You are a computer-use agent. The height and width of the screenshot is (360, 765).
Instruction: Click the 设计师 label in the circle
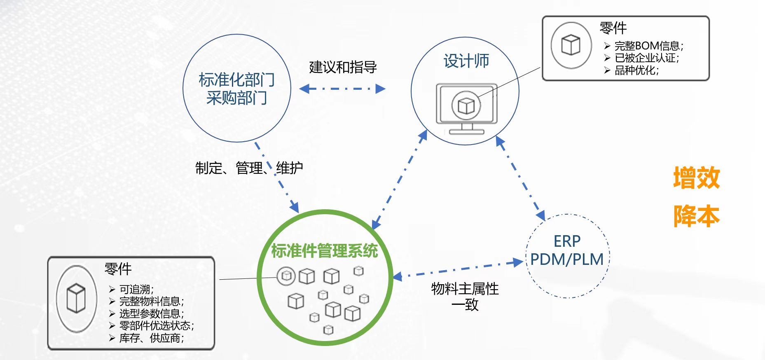[x=466, y=61]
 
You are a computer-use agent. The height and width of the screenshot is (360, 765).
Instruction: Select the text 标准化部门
[x=236, y=80]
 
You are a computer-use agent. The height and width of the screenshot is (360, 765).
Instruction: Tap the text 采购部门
[x=236, y=98]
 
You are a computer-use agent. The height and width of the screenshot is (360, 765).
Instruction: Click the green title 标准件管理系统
[x=324, y=250]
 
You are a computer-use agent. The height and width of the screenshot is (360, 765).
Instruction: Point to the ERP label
[x=567, y=241]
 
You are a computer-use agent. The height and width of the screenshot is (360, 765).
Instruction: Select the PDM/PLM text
[x=567, y=259]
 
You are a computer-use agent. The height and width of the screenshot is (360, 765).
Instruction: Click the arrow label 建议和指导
[x=343, y=67]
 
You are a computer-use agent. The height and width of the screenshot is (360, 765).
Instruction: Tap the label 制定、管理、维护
[x=249, y=168]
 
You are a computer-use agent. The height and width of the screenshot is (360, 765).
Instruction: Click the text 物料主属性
[x=465, y=289]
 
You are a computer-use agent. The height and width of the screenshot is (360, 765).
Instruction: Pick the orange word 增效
[x=696, y=178]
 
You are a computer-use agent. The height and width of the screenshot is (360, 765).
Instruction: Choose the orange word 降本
[x=696, y=216]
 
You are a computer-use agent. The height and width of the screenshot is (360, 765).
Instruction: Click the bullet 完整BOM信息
[x=648, y=46]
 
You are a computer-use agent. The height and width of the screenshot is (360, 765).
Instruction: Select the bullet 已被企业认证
[x=646, y=58]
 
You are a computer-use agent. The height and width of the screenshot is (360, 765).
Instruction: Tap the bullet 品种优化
[x=636, y=70]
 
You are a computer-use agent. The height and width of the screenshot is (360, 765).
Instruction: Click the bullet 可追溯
[x=136, y=289]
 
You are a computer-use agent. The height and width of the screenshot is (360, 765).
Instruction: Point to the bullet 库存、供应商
[x=151, y=338]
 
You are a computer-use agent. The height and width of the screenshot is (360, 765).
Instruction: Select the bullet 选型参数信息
[x=151, y=313]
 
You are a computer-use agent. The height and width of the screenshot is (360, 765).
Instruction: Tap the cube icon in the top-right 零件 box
[x=571, y=45]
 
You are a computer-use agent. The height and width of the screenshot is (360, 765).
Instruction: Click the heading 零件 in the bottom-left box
[x=118, y=269]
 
